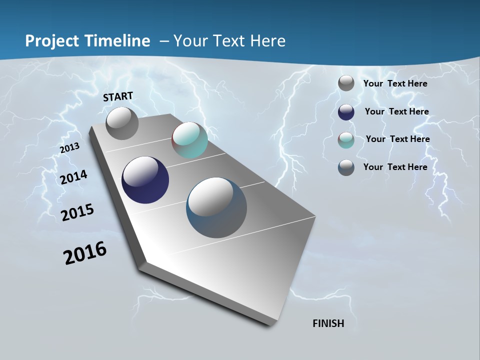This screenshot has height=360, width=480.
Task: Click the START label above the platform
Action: click(x=118, y=96)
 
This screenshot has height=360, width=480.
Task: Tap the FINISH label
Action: click(x=328, y=323)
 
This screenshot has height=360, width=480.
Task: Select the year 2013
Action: click(x=69, y=148)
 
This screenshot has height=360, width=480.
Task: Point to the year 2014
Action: click(x=74, y=177)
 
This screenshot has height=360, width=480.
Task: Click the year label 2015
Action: click(x=77, y=212)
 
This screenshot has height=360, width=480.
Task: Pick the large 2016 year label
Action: click(x=85, y=253)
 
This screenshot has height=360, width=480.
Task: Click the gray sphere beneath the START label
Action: click(x=122, y=123)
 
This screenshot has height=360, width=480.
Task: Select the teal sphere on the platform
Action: click(x=189, y=140)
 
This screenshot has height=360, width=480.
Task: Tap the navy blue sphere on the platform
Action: click(x=145, y=180)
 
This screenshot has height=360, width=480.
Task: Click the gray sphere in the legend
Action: click(x=346, y=83)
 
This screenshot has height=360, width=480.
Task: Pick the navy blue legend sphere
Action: click(x=346, y=112)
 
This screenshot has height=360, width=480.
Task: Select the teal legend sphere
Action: click(x=346, y=140)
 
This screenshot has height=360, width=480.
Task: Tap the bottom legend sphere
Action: click(x=346, y=167)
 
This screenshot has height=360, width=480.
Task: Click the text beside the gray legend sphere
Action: click(x=395, y=83)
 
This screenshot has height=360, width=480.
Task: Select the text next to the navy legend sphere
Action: click(x=396, y=111)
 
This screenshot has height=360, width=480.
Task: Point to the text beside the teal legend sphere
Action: click(x=397, y=139)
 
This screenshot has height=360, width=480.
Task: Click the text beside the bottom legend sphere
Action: click(x=395, y=167)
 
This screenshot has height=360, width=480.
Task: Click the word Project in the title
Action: click(x=50, y=41)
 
